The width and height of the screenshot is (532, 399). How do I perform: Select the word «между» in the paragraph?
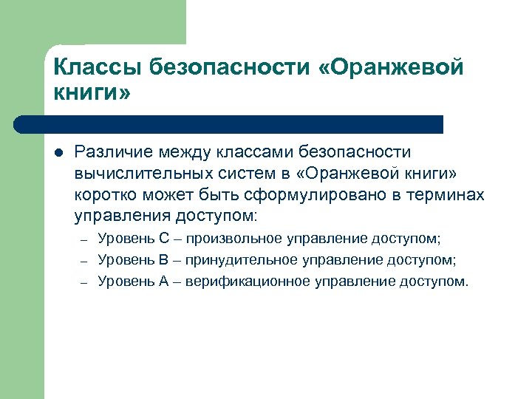click(184, 152)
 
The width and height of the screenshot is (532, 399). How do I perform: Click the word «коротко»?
click(108, 195)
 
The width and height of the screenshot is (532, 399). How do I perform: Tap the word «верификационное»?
click(248, 282)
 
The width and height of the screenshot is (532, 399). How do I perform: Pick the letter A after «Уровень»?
click(164, 282)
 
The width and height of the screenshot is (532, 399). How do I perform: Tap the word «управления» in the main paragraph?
click(122, 216)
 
